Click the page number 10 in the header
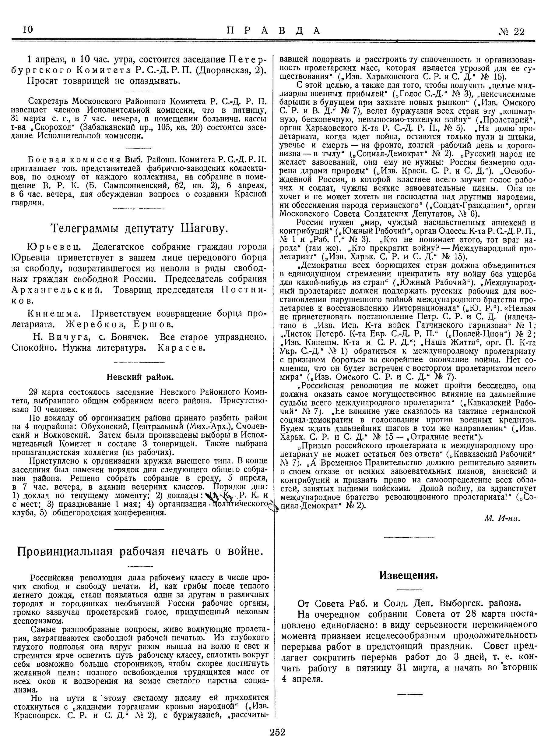[x=28, y=30]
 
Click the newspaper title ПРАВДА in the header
[x=274, y=30]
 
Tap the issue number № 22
[x=511, y=31]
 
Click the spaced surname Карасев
[x=182, y=348]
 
